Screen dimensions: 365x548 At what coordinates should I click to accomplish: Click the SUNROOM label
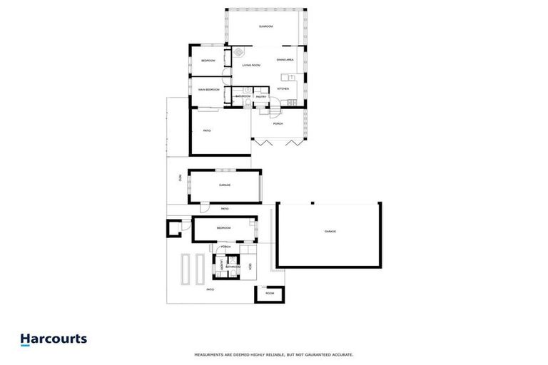pos(266,26)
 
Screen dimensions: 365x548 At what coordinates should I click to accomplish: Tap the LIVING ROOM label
pos(251,65)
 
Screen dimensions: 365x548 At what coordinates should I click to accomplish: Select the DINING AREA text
pos(285,60)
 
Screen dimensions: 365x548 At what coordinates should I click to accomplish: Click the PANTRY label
pos(261,96)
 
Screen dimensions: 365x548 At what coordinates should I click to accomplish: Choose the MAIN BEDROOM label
pos(208,90)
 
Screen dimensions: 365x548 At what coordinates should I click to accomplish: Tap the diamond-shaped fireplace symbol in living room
pos(239,52)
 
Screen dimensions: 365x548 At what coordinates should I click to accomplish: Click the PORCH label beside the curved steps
pos(278,123)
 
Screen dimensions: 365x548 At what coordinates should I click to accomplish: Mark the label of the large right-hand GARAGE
pos(330,232)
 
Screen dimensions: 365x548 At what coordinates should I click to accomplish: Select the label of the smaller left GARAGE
pos(224,185)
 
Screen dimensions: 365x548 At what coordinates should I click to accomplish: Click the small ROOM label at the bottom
pos(270,293)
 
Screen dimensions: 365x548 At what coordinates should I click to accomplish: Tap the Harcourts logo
pos(54,339)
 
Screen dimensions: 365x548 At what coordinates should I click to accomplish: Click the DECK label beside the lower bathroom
pos(250,267)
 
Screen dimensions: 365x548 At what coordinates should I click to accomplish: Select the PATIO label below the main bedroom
pos(207,130)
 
